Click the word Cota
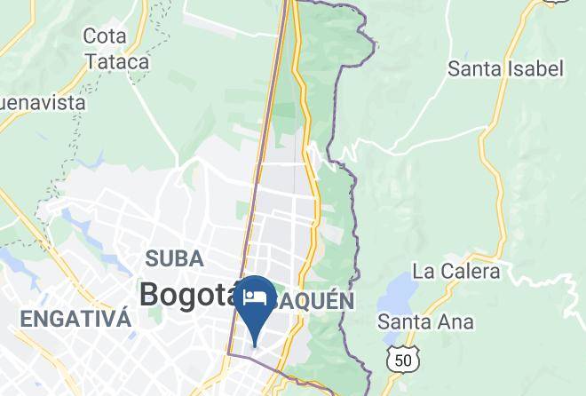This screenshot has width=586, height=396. tap(104, 36)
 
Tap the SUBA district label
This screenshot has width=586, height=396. tap(174, 259)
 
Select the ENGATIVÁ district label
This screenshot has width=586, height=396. tap(76, 319)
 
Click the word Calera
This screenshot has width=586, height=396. tap(471, 271)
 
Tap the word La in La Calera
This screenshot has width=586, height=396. tap(425, 271)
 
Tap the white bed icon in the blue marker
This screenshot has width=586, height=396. tap(256, 295)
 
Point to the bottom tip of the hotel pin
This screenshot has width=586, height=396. tap(256, 345)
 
